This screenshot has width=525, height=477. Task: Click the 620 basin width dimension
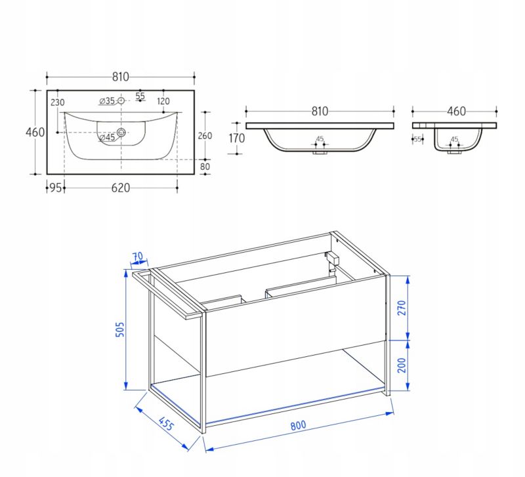[x=121, y=188]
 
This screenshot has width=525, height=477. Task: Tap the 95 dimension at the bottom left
[x=56, y=188]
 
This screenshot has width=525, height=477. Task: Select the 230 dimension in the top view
[x=58, y=102]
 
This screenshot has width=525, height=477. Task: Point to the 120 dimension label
[x=163, y=101]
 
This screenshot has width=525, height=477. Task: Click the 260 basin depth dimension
[x=205, y=136]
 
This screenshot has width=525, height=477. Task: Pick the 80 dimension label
[x=205, y=167]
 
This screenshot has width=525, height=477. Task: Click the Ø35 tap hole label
[x=107, y=101]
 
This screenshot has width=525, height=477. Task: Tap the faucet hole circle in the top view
[x=121, y=100]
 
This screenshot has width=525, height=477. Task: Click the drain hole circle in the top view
[x=121, y=133]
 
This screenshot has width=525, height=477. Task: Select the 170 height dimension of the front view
[x=237, y=138]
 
